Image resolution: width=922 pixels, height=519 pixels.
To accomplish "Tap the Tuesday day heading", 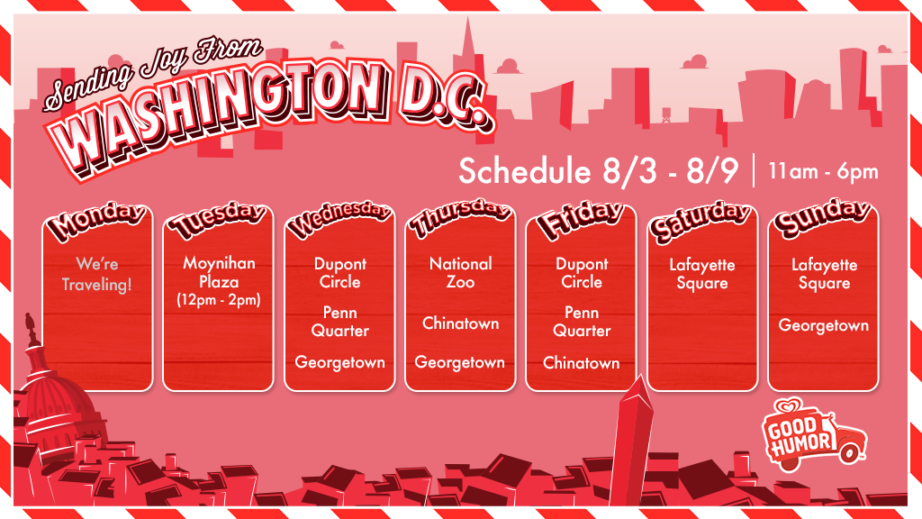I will pyautogui.click(x=220, y=221).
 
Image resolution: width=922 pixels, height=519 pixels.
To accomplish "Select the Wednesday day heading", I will pyautogui.click(x=340, y=221).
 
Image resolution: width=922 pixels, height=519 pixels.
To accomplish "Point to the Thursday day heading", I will pyautogui.click(x=461, y=221).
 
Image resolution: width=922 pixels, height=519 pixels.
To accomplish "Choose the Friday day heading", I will pyautogui.click(x=582, y=221).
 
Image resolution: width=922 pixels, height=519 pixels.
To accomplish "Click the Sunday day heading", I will pyautogui.click(x=823, y=221).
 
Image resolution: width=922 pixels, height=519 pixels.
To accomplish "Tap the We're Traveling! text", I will pyautogui.click(x=97, y=274).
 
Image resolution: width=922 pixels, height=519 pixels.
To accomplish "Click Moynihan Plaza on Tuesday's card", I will pyautogui.click(x=220, y=272).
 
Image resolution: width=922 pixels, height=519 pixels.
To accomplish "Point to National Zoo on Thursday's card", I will pyautogui.click(x=461, y=273).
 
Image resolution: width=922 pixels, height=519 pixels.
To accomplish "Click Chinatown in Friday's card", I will pyautogui.click(x=582, y=363).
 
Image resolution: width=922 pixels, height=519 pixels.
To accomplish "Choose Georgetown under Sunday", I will pyautogui.click(x=824, y=325).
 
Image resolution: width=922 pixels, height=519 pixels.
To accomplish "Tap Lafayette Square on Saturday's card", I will pyautogui.click(x=702, y=274).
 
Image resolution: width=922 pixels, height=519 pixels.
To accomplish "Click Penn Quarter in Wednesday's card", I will pyautogui.click(x=340, y=322).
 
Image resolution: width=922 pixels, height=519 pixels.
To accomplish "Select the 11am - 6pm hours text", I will pyautogui.click(x=823, y=171).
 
